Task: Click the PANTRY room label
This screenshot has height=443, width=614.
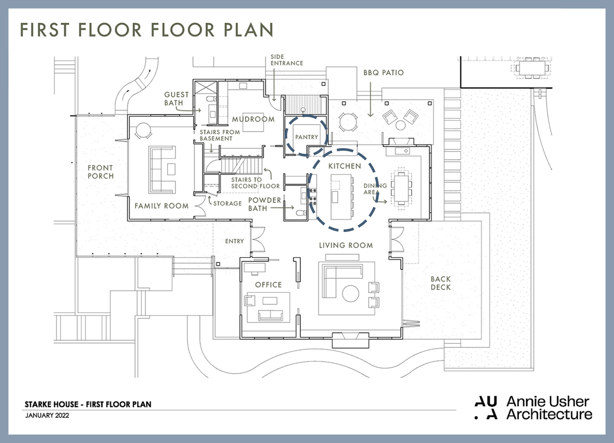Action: [x=307, y=137]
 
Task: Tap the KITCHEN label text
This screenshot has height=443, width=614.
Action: [x=345, y=166]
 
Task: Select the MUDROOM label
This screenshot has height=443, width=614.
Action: [x=253, y=119]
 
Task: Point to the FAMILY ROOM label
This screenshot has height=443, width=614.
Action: [x=161, y=206]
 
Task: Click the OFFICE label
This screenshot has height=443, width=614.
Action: [x=268, y=285]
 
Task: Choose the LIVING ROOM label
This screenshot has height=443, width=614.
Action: [x=346, y=245]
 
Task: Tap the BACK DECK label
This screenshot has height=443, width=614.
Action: [x=440, y=283]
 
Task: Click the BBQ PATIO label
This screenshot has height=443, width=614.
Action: [x=383, y=73]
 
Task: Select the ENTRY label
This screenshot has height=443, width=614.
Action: [x=234, y=241]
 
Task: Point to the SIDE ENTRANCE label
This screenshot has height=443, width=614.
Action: [x=287, y=60]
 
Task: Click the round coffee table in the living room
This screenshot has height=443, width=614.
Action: [x=351, y=293]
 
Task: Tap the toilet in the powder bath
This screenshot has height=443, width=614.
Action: [x=301, y=213]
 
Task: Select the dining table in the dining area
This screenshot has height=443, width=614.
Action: [x=401, y=188]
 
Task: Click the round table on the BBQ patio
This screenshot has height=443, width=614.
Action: [x=348, y=122]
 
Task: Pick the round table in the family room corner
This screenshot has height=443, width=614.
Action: [x=143, y=130]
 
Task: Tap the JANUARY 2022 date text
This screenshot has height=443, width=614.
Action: [x=47, y=415]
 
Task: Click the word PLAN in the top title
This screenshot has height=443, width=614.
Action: [x=248, y=30]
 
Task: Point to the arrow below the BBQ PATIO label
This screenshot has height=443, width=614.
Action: [x=370, y=99]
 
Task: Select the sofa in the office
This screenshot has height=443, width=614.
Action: [x=271, y=315]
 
